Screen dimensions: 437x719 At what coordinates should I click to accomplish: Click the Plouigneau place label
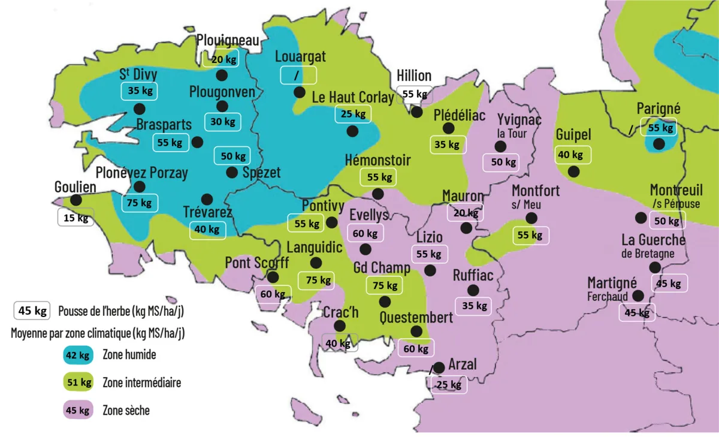[228, 40]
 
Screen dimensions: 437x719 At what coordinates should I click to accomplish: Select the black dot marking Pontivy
[332, 222]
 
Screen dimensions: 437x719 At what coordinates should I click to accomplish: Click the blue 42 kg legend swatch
[78, 355]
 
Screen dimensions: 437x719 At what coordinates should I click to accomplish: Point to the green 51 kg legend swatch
[78, 382]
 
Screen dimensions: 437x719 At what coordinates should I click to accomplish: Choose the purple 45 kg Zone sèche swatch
[78, 411]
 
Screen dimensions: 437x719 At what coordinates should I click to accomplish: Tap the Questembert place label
[416, 317]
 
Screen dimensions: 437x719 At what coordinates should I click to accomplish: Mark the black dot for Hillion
[417, 112]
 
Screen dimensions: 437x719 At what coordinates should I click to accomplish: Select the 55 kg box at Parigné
[659, 127]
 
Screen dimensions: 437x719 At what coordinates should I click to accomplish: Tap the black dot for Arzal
[439, 367]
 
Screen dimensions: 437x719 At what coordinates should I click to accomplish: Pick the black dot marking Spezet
[232, 172]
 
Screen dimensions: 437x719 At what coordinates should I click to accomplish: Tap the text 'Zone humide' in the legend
[129, 355]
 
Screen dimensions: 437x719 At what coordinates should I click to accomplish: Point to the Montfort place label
[536, 191]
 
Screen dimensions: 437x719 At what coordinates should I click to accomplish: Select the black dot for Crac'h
[340, 326]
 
